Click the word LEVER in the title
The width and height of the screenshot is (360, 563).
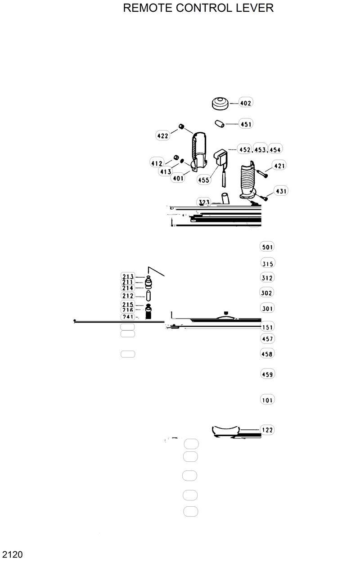pyautogui.click(x=254, y=8)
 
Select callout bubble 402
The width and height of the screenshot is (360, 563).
pyautogui.click(x=245, y=103)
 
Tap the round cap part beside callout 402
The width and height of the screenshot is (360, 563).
pyautogui.click(x=220, y=103)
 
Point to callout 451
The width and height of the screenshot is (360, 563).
pyautogui.click(x=246, y=124)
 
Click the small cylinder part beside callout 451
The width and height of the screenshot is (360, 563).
pyautogui.click(x=219, y=123)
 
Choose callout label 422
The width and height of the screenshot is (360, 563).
pyautogui.click(x=162, y=135)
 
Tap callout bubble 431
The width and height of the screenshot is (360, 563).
pyautogui.click(x=281, y=191)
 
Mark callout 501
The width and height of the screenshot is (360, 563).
pyautogui.click(x=267, y=247)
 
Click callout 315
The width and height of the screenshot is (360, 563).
pyautogui.click(x=267, y=264)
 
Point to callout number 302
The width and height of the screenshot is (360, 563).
pyautogui.click(x=267, y=293)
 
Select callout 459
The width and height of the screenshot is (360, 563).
pyautogui.click(x=267, y=374)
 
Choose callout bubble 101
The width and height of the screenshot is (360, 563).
pyautogui.click(x=267, y=400)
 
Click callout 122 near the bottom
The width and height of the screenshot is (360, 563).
pyautogui.click(x=267, y=430)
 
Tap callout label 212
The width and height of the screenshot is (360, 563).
pyautogui.click(x=128, y=296)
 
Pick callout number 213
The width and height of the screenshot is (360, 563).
pyautogui.click(x=128, y=276)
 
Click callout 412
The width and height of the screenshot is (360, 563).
pyautogui.click(x=157, y=163)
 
